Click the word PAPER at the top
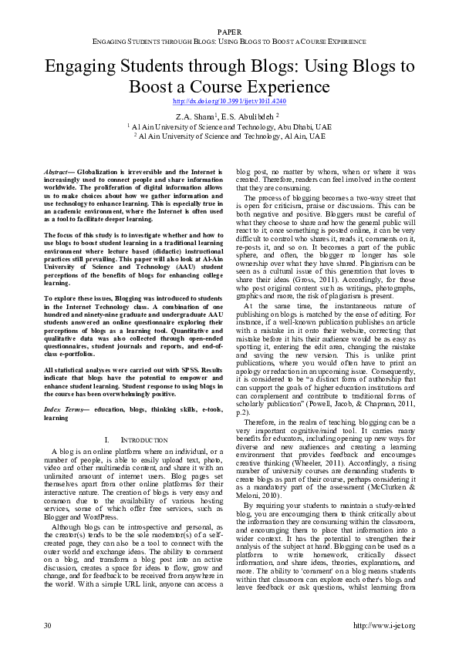229,32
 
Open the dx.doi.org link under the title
229,101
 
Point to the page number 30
48,625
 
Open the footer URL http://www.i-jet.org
383,625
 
